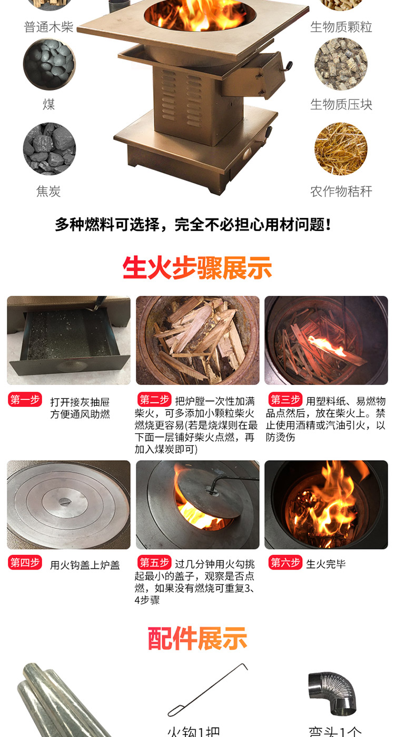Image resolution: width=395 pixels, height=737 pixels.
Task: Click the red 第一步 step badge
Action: tap(25, 400)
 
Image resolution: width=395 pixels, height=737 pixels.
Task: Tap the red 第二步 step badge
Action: tap(154, 399)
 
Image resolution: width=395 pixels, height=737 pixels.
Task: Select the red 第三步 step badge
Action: tap(285, 399)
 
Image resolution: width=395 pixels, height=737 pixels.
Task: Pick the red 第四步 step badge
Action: tap(25, 563)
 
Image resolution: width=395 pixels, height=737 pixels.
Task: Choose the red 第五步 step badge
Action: tap(154, 563)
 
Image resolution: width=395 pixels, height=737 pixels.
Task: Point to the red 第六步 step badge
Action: tap(285, 563)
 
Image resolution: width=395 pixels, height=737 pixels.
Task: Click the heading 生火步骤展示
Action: tap(197, 268)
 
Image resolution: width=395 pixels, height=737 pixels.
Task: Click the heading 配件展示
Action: tap(197, 639)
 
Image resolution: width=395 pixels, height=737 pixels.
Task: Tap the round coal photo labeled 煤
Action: tap(49, 64)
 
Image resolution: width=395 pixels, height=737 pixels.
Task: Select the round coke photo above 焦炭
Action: tap(49, 149)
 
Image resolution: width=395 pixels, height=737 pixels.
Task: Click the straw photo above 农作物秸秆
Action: tap(341, 149)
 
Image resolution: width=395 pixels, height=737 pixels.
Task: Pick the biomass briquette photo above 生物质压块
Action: tap(341, 64)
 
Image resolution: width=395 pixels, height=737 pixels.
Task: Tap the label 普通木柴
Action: tap(48, 27)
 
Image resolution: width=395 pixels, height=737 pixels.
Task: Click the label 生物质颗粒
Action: tap(341, 27)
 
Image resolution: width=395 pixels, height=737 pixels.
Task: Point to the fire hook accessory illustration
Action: tap(208, 690)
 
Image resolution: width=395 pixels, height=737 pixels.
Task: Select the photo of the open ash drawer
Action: tap(68, 340)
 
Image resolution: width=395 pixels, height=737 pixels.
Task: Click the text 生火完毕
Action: tap(326, 564)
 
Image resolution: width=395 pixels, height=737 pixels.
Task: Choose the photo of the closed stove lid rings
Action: tap(68, 504)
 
